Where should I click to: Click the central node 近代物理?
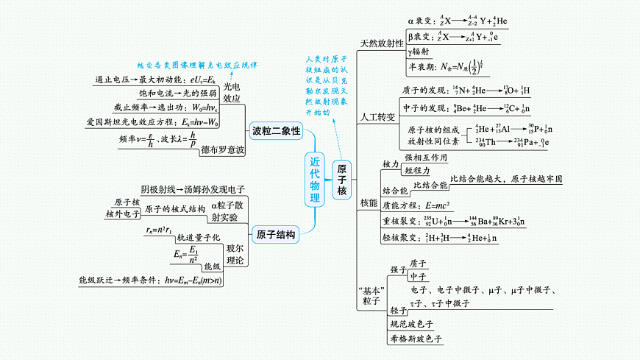pyautogui.click(x=315, y=180)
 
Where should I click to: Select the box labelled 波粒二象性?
pyautogui.click(x=276, y=131)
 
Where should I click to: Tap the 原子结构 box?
pyautogui.click(x=277, y=236)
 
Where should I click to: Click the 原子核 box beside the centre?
pyautogui.click(x=342, y=180)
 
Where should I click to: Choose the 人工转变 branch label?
pyautogui.click(x=377, y=117)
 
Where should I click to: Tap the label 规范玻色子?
pyautogui.click(x=412, y=323)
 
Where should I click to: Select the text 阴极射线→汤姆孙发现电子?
pyautogui.click(x=193, y=189)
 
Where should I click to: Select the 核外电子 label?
pyautogui.click(x=123, y=213)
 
